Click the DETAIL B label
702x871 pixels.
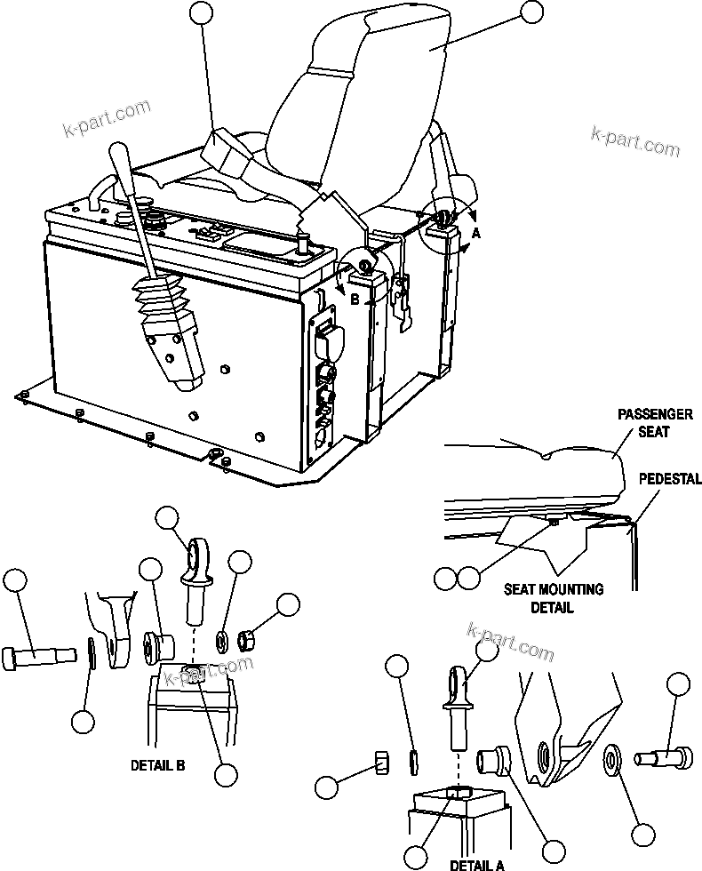(157, 763)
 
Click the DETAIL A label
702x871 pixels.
(476, 863)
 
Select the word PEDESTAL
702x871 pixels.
(670, 479)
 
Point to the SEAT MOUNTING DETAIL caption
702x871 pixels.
(554, 598)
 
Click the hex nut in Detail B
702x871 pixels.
(250, 638)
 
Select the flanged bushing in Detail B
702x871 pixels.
(156, 644)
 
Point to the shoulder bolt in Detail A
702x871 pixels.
(662, 758)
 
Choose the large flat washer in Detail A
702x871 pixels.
(612, 760)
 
